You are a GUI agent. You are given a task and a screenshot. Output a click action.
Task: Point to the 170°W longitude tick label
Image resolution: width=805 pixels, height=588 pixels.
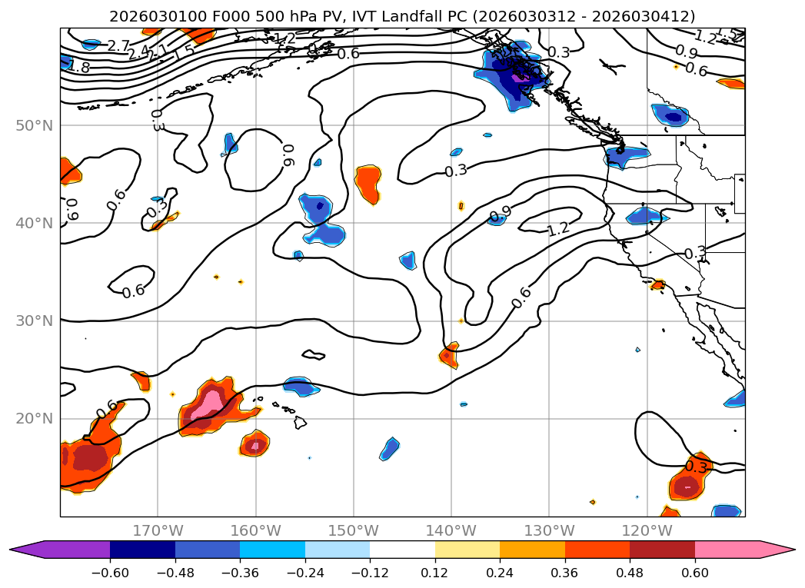point(158,530)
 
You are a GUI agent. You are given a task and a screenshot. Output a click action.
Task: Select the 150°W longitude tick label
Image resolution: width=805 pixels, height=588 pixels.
point(353,530)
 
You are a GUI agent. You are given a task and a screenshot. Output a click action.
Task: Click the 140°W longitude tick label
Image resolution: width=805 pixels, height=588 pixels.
point(451,530)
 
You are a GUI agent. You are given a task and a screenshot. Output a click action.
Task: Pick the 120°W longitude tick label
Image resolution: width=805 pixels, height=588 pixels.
point(646,530)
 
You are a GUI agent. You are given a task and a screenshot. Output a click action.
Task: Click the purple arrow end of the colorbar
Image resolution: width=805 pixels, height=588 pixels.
point(23,549)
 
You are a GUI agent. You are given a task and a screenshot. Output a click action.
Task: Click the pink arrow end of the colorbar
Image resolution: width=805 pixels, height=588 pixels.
point(780,549)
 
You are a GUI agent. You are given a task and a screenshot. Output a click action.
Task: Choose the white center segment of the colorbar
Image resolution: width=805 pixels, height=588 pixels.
point(402,549)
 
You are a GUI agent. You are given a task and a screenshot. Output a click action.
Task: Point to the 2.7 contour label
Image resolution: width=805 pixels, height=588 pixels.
point(118,46)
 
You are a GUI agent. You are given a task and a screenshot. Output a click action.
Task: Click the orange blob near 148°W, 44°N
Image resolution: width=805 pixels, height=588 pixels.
point(368,184)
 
